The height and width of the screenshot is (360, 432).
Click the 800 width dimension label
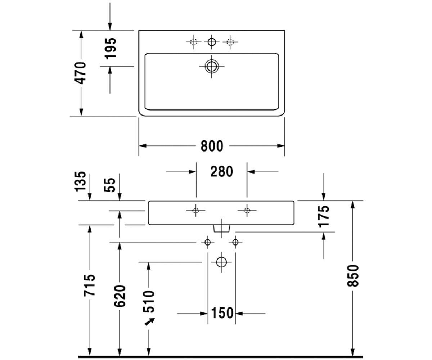[x=212, y=146]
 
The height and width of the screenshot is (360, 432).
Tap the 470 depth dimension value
[x=80, y=73]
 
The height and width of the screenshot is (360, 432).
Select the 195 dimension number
[x=111, y=48]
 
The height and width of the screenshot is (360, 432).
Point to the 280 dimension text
[x=222, y=171]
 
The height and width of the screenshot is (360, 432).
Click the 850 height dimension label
[x=353, y=276]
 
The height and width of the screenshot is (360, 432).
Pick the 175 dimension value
[x=324, y=216]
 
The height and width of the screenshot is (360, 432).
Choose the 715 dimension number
[x=89, y=285]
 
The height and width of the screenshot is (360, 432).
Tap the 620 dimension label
[x=120, y=296]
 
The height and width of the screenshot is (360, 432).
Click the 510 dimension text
[x=149, y=301]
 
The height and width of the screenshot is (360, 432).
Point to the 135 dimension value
[x=80, y=181]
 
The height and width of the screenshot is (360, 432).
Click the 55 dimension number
[x=110, y=185]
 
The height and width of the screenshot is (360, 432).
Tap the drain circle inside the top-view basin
[x=212, y=66]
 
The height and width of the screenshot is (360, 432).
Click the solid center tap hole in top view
[x=212, y=42]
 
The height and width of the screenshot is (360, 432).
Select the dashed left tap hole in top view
[x=194, y=42]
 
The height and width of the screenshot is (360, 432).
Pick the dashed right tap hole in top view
[x=230, y=42]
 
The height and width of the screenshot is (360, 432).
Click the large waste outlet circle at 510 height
[x=221, y=262]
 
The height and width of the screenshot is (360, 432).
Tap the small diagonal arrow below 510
[x=150, y=322]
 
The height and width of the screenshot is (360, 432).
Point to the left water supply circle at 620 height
[x=207, y=242]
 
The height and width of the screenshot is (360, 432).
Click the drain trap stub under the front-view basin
[x=222, y=228]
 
